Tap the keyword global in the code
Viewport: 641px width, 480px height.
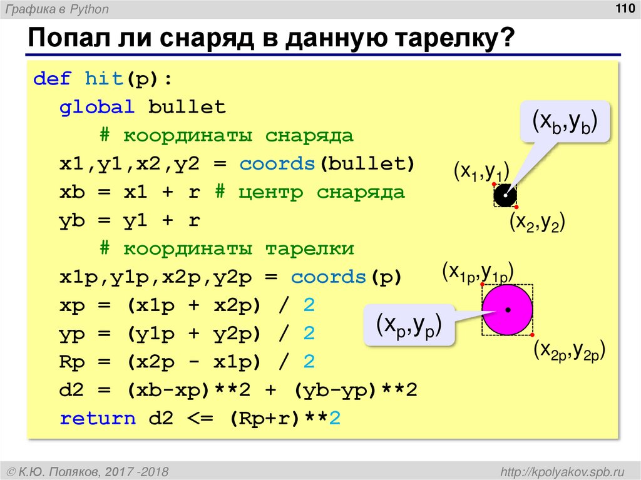[97, 108]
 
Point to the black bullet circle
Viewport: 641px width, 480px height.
[505, 195]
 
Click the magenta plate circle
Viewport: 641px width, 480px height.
[507, 309]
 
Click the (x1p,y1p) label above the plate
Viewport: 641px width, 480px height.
[478, 272]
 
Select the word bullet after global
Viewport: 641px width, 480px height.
[187, 108]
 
